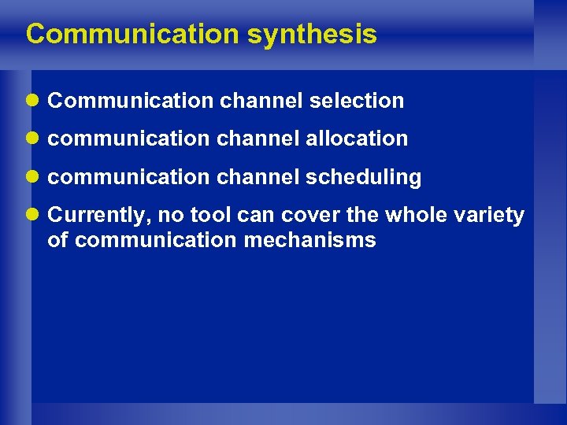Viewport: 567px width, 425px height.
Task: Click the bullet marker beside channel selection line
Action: pos(32,101)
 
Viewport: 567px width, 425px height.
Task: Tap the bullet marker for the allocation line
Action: pos(32,139)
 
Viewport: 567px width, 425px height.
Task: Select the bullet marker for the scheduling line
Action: pos(32,178)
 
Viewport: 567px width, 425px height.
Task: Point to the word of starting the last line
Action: pos(57,240)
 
